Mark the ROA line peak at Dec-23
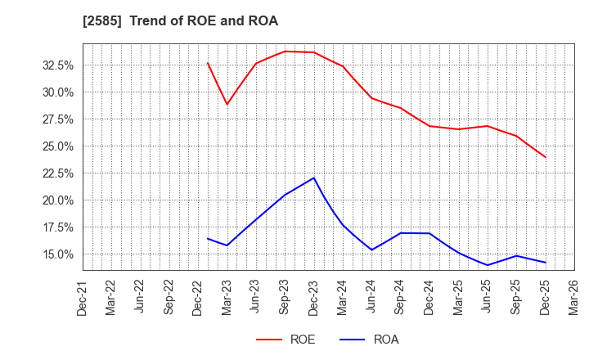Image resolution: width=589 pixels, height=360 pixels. point(314,178)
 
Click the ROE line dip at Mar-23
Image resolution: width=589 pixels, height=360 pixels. point(227,104)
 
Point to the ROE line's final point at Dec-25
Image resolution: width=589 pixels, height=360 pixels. point(546,157)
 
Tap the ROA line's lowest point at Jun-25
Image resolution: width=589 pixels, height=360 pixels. point(488,265)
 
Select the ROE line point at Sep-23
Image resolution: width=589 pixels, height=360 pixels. point(285,52)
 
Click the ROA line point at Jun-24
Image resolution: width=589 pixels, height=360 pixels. point(371,250)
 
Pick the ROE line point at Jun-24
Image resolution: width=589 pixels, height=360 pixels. point(371,98)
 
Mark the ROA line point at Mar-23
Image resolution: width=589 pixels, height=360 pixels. point(227,245)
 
